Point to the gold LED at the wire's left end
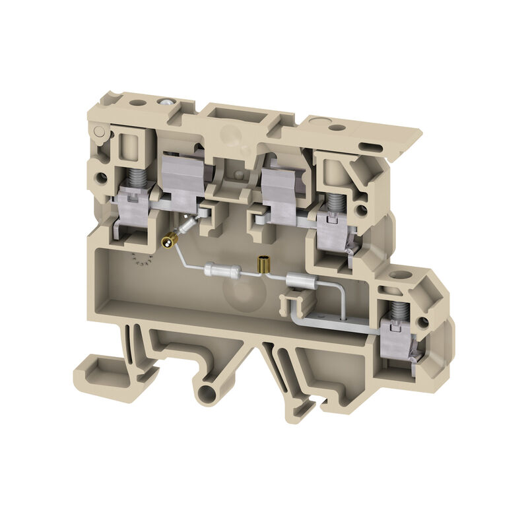[x=169, y=243]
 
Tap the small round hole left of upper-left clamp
[x=101, y=178]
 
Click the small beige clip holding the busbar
[x=296, y=303]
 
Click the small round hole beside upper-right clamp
[x=361, y=211]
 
